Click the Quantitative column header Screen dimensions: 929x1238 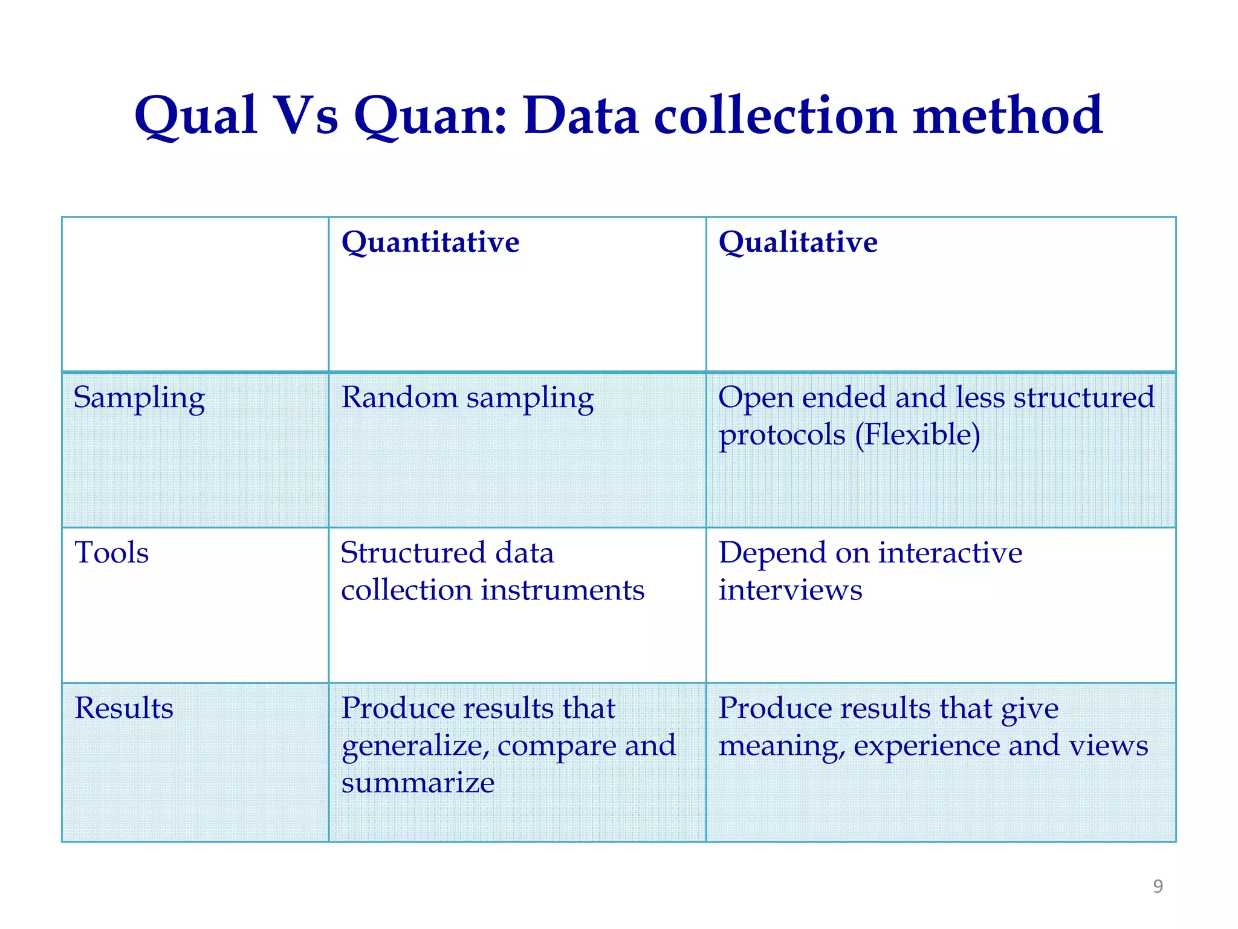click(430, 243)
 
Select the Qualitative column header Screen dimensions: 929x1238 click(797, 243)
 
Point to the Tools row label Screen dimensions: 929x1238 click(112, 553)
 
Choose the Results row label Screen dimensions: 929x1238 click(124, 708)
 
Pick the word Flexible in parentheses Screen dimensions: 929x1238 click(918, 435)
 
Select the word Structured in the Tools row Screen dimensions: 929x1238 click(413, 553)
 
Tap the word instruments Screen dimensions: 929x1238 click(562, 590)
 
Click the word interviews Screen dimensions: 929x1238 click(790, 590)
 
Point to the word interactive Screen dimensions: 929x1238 click(950, 553)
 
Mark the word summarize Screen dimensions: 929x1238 click(418, 783)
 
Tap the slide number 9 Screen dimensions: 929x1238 click(1158, 886)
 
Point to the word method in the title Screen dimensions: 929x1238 click(1008, 116)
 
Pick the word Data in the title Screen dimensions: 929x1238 click(581, 116)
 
